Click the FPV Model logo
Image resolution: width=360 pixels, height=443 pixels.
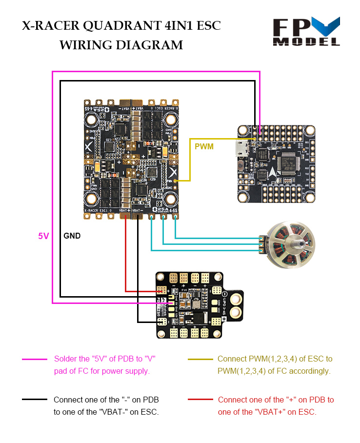[306, 32]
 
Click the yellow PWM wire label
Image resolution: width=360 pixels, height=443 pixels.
[204, 146]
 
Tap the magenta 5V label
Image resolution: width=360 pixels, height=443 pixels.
[44, 236]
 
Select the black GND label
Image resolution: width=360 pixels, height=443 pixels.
[72, 236]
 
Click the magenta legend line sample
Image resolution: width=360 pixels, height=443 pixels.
[35, 360]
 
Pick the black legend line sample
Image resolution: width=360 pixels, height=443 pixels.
[35, 400]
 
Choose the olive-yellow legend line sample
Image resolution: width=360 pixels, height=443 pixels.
[200, 360]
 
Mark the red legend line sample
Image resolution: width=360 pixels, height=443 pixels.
[200, 400]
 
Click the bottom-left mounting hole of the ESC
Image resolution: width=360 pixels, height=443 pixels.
[91, 198]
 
